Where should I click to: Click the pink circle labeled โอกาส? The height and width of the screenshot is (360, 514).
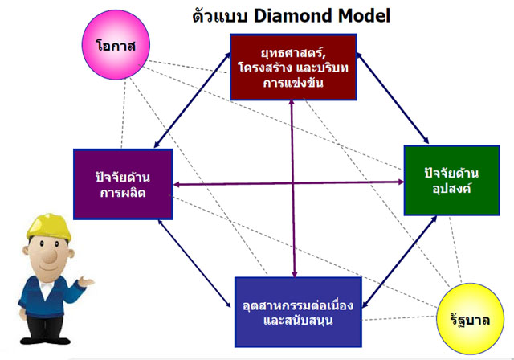(116, 44)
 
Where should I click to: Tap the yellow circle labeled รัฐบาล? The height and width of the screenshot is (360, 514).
(471, 319)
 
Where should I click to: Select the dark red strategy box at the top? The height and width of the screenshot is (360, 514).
(293, 67)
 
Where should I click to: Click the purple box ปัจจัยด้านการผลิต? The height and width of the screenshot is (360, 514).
(123, 184)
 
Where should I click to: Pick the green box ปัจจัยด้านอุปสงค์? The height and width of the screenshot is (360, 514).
(451, 180)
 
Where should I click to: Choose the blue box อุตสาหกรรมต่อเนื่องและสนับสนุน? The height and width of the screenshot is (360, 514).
(298, 312)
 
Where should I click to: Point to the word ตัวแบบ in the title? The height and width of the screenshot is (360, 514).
(219, 15)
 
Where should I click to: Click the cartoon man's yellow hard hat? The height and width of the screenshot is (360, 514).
(48, 227)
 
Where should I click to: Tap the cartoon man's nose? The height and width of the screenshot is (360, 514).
(50, 256)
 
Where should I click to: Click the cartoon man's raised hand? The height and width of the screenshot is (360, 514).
(86, 281)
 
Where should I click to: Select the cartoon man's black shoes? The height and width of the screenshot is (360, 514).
(45, 340)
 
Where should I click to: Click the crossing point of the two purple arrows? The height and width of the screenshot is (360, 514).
(292, 183)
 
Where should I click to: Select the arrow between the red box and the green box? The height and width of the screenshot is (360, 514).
(393, 98)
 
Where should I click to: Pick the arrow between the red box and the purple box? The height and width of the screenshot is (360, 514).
(193, 100)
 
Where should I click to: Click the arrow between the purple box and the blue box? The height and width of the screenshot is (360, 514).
(194, 264)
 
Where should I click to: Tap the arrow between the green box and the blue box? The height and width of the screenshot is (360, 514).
(399, 262)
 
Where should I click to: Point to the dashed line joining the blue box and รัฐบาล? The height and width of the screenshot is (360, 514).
(400, 318)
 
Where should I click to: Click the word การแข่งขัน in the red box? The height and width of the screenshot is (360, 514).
(293, 83)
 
